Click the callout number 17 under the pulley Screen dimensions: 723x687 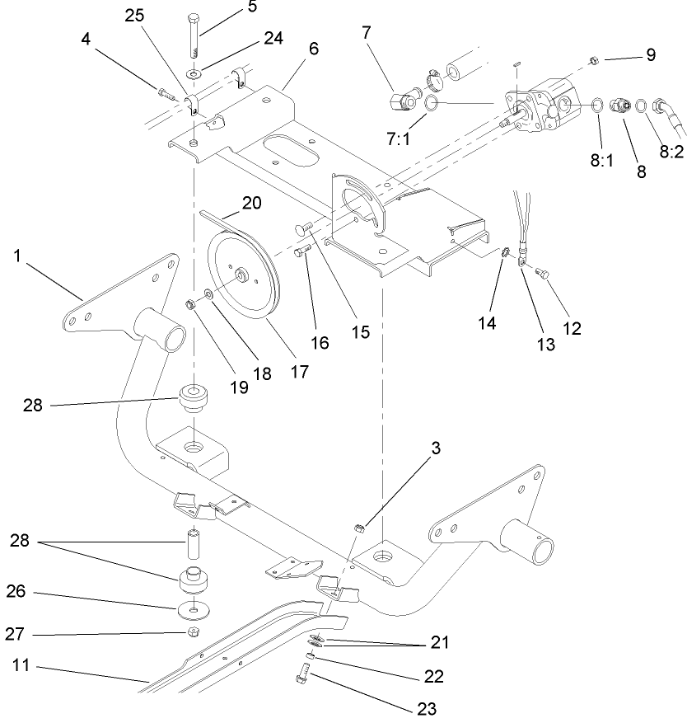tap(299, 371)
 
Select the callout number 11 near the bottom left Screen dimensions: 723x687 tap(20, 664)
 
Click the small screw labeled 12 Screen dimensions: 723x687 tap(542, 271)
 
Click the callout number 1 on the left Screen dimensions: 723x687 tap(17, 256)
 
